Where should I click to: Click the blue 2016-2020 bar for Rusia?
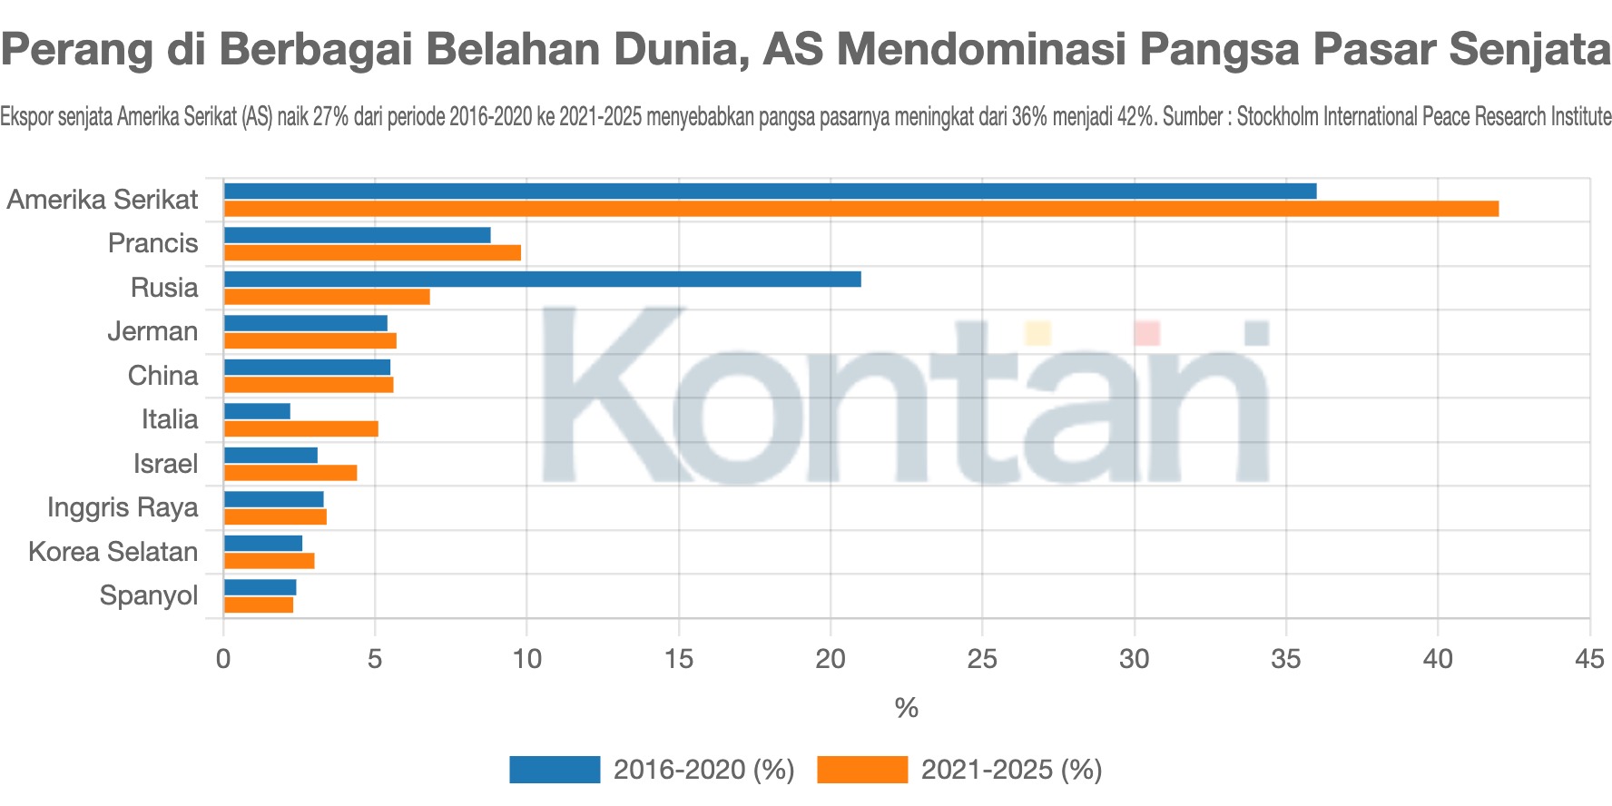(542, 279)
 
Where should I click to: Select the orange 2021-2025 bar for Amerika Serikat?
(860, 209)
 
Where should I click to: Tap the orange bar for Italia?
(300, 428)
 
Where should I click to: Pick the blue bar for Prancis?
(357, 235)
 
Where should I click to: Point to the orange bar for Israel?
(290, 473)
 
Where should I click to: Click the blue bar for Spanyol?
(260, 587)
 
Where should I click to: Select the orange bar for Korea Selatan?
(269, 561)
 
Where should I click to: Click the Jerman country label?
(152, 331)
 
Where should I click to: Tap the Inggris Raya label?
(123, 507)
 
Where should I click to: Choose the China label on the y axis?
(162, 376)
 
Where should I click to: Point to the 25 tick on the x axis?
(982, 659)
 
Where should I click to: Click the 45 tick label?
(1589, 659)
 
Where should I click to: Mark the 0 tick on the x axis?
(223, 659)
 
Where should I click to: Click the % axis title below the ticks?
(906, 708)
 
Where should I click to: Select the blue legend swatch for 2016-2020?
(555, 770)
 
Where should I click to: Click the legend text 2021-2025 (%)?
(1011, 770)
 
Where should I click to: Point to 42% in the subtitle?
(1137, 117)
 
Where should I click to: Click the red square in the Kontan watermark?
(1146, 332)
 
